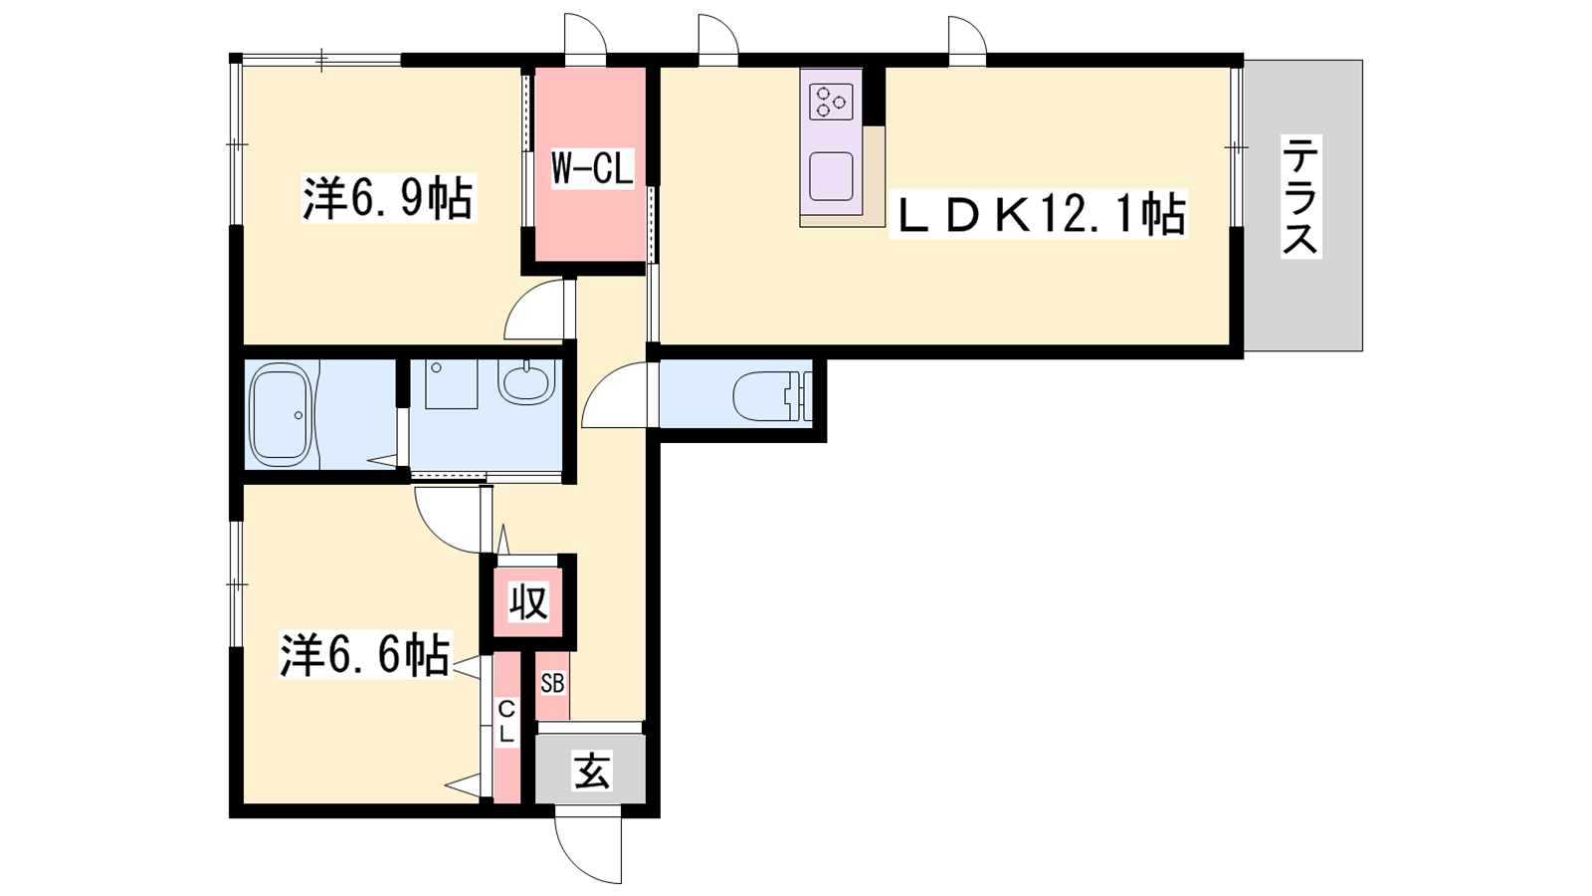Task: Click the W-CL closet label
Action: click(592, 170)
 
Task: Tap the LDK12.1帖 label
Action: click(1038, 215)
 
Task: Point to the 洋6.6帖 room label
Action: click(365, 654)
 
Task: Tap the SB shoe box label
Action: click(552, 683)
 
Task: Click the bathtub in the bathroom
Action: click(283, 414)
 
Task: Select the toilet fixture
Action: click(771, 397)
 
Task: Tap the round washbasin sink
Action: click(526, 381)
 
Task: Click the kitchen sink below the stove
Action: click(831, 175)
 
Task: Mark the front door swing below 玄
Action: click(588, 851)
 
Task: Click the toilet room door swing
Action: click(616, 394)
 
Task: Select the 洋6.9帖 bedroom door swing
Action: click(534, 310)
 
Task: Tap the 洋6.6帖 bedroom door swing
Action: click(448, 520)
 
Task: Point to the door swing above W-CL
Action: click(585, 35)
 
